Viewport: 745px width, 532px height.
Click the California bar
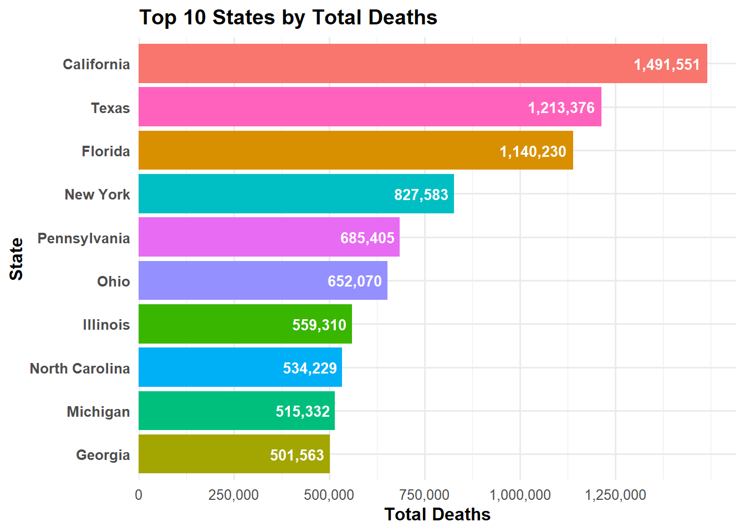pos(388,64)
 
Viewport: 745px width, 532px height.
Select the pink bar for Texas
pos(333,107)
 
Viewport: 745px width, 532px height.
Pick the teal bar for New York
pos(266,194)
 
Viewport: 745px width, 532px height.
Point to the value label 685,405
pos(368,238)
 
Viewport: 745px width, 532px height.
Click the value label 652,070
pos(355,281)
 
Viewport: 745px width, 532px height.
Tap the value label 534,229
pos(310,368)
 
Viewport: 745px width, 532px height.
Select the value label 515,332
pos(303,411)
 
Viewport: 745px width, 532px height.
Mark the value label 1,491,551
pos(667,64)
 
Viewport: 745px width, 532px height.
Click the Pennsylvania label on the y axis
pos(84,238)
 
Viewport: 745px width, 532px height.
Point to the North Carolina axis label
pos(80,369)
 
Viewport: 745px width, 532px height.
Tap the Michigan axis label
pos(98,412)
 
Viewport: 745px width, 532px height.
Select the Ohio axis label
pos(114,282)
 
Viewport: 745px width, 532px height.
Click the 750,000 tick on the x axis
pos(425,495)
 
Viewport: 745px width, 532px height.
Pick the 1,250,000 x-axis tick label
pos(615,495)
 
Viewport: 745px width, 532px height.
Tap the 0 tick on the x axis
pos(139,495)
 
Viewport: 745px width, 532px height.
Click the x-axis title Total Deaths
pos(437,514)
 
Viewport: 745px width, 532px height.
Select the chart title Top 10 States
pos(288,17)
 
